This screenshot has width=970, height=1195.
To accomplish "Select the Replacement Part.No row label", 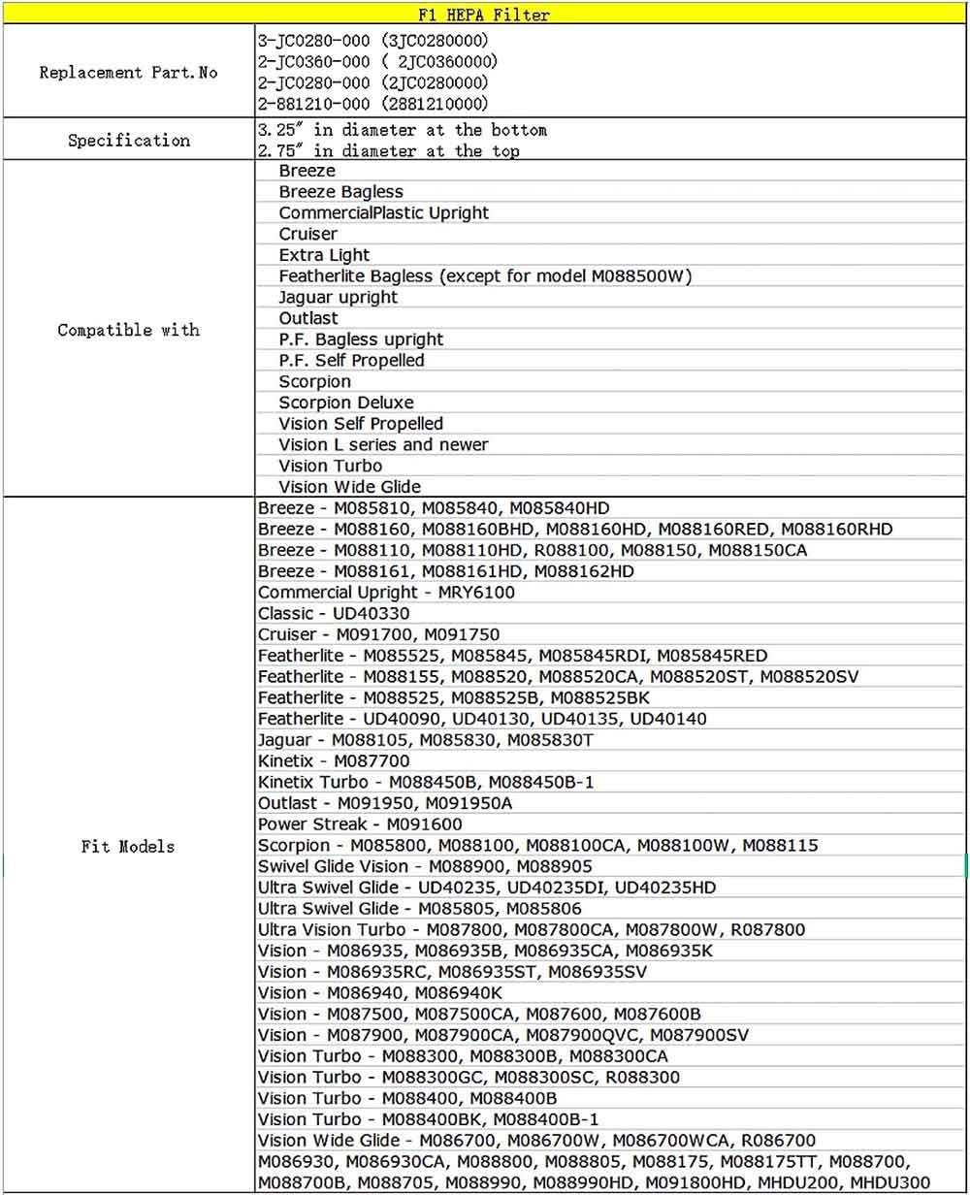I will coord(128,73).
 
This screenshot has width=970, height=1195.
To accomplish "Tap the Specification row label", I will coord(128,141).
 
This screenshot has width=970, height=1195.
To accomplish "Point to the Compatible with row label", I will coord(128,330).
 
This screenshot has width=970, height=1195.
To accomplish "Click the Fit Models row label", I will coord(128,847).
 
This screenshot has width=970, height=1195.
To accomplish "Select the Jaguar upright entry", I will coord(338,297).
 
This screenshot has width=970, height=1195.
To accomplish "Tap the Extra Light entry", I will coord(324,255).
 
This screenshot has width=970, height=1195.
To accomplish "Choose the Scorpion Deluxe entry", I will coord(345,403).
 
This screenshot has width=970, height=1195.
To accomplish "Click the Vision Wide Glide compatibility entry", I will coord(349,487).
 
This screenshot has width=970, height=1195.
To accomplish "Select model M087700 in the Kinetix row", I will coord(372,761).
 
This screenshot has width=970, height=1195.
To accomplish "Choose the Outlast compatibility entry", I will coord(308,318).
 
